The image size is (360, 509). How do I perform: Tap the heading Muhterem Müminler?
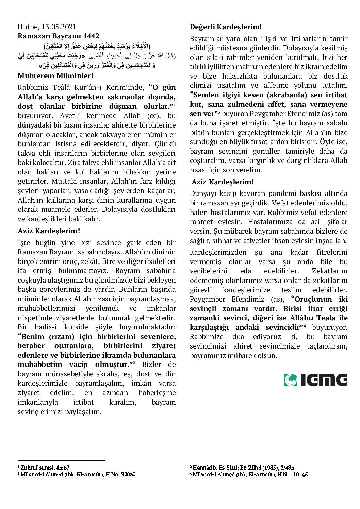coord(55,75)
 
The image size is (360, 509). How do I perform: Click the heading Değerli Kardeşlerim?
coord(226,27)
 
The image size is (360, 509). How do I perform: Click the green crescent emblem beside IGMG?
coord(291,380)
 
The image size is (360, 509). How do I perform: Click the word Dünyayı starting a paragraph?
coord(203,193)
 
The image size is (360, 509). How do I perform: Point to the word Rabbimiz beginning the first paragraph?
coord(33,87)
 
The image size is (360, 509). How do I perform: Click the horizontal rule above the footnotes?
coord(61,461)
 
